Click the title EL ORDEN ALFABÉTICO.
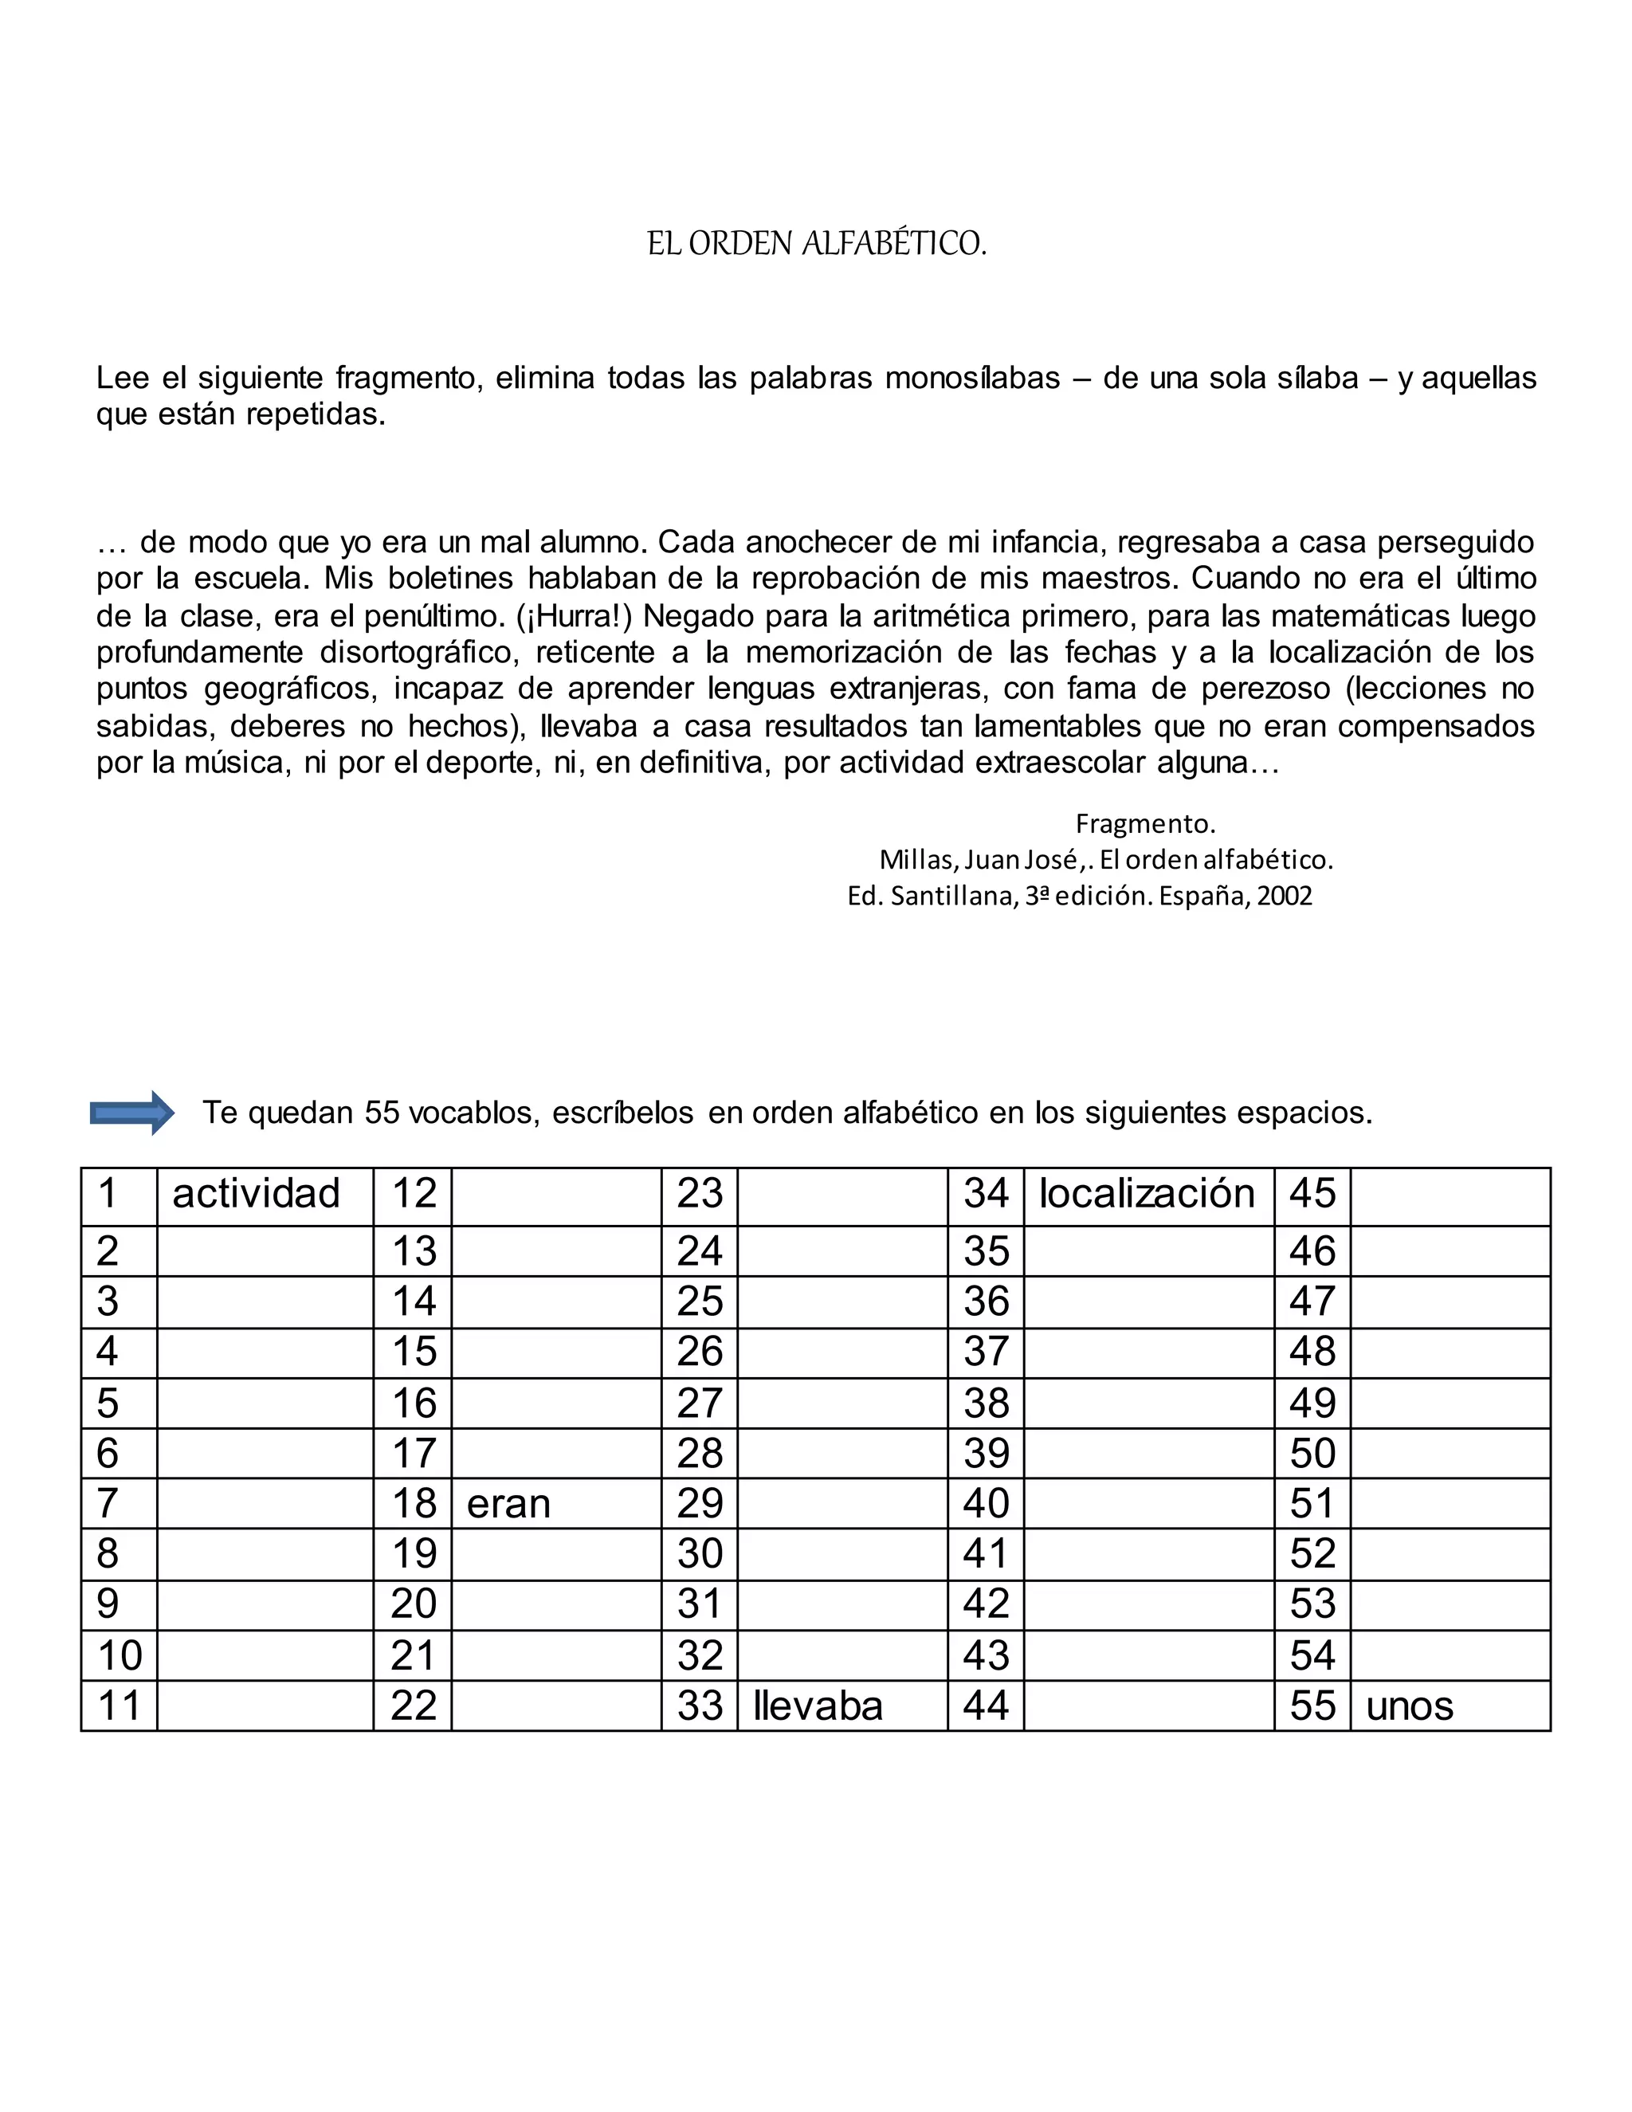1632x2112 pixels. (x=816, y=244)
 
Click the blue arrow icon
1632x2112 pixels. (x=131, y=1113)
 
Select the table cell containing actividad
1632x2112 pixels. (x=264, y=1195)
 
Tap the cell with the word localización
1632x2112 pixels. (x=1147, y=1195)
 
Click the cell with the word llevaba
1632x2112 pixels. (x=841, y=1705)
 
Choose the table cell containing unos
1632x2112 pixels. (x=1450, y=1705)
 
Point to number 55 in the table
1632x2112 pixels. (x=1312, y=1705)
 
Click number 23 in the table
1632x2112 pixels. (x=700, y=1195)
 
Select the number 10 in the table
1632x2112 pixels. (x=120, y=1655)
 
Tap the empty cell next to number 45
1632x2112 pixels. (x=1450, y=1195)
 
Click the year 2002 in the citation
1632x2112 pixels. (x=1285, y=897)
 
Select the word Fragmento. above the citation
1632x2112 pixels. (x=1145, y=824)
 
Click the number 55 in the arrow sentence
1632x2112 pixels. (x=382, y=1113)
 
